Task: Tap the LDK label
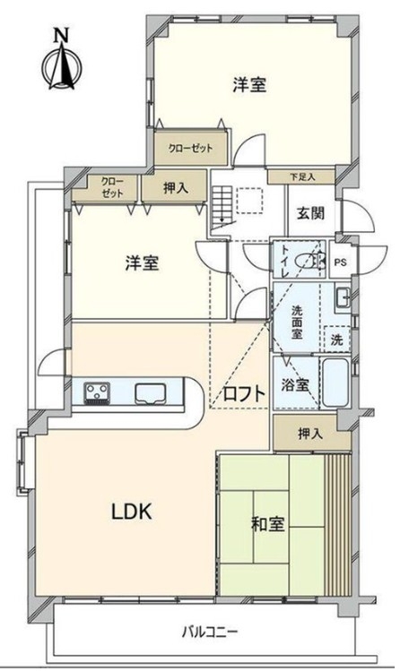coord(132,512)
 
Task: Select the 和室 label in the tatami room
coord(267,523)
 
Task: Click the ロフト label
coord(244,393)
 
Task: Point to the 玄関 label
coord(311,212)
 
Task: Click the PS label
coord(341,262)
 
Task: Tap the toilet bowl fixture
coord(310,260)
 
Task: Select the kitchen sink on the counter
coord(151,393)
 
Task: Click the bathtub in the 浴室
coord(335,383)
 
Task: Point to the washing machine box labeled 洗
coord(337,340)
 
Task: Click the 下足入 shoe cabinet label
coord(302,176)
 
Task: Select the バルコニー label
coord(209,632)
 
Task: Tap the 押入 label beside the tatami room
coord(310,434)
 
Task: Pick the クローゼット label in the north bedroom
coord(190,149)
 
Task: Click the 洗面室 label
coord(297,323)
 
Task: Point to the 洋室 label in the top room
coord(249,84)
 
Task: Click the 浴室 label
coord(295,384)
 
